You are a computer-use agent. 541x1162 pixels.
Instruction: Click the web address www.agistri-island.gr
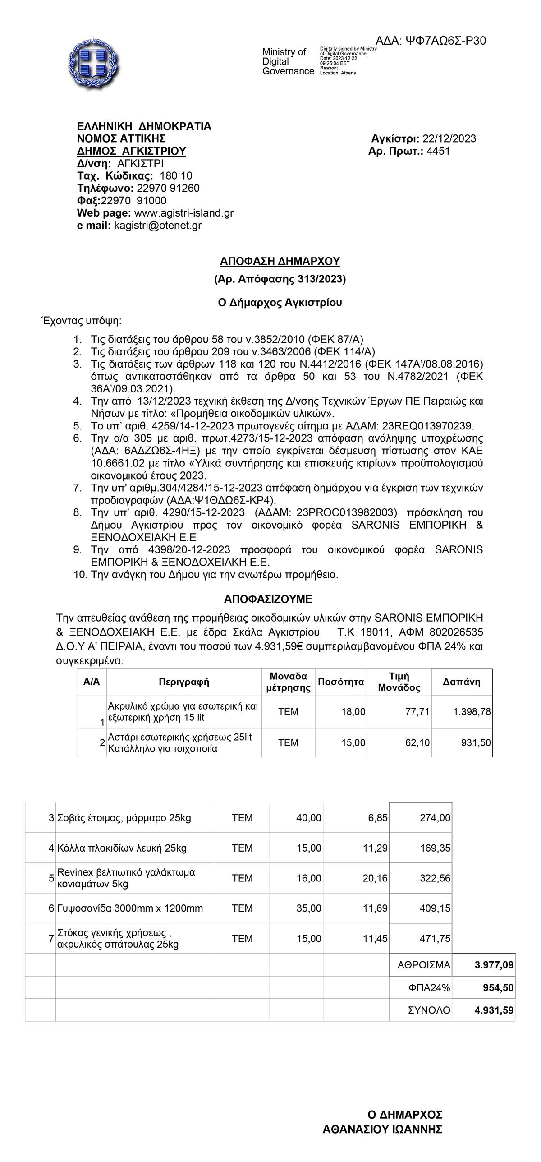tap(184, 213)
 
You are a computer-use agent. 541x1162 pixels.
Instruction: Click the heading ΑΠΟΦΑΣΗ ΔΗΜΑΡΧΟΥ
tap(280, 262)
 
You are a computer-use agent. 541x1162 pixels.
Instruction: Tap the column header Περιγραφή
tap(184, 682)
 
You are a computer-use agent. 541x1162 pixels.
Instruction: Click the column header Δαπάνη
tap(461, 682)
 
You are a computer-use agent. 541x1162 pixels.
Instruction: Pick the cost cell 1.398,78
tap(472, 712)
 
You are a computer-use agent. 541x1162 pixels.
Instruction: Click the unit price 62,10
tap(417, 742)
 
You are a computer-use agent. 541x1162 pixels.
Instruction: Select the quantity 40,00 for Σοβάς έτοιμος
tap(308, 818)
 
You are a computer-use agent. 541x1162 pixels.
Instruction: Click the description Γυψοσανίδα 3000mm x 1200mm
tap(130, 908)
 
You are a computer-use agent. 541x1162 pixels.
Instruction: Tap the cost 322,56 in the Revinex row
tap(435, 878)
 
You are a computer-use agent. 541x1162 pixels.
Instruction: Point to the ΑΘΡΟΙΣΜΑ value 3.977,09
tap(494, 965)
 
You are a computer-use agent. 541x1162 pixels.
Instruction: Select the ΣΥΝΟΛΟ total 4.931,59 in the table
tap(494, 1010)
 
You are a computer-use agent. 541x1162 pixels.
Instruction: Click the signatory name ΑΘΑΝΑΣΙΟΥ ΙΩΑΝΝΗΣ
tap(382, 1130)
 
